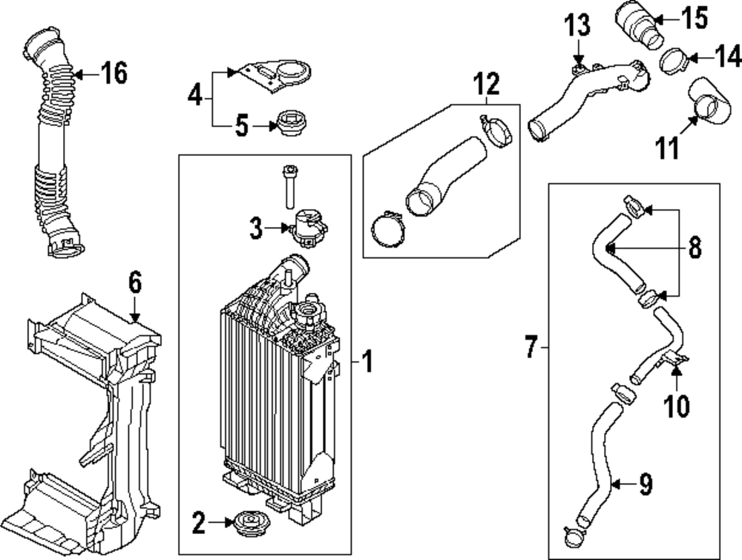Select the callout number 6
[134, 283]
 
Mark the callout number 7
[531, 346]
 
